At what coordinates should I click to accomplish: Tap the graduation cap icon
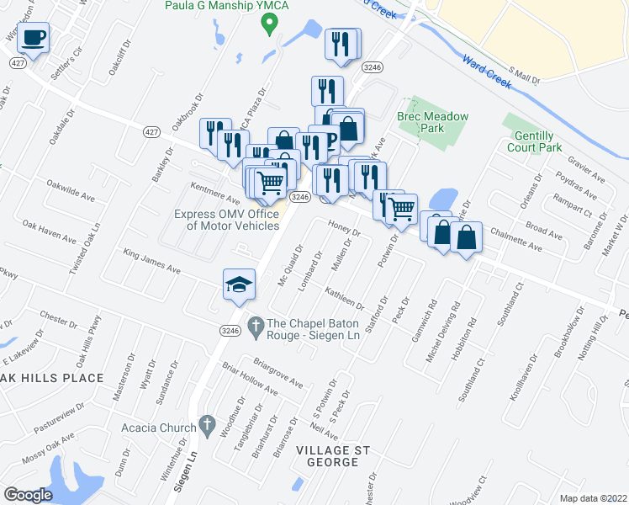pos(239,284)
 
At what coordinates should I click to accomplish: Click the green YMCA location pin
pos(268,24)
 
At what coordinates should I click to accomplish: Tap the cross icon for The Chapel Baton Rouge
pos(256,324)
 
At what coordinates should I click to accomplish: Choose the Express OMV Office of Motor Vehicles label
pos(227,220)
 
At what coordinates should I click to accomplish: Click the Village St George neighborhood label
pos(333,458)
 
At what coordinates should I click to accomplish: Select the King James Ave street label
pos(152,262)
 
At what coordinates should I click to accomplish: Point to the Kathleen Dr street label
pos(344,297)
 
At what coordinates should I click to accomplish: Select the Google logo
pos(28,494)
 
